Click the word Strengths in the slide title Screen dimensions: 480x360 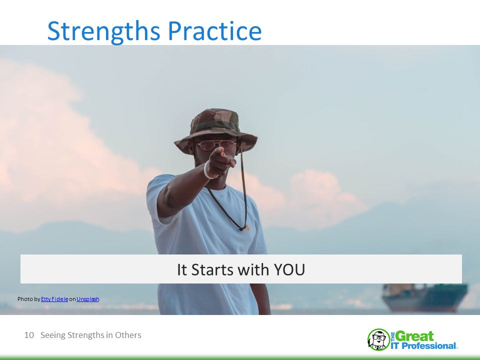104,31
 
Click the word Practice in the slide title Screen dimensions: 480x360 215,30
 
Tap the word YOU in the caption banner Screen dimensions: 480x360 289,269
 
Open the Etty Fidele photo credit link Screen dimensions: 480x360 54,299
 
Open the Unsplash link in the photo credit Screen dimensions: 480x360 88,299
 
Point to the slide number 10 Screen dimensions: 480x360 29,335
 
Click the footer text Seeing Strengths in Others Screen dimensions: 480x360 91,335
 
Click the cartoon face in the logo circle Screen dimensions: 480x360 378,339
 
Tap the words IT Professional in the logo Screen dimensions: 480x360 423,346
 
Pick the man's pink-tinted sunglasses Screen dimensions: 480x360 216,145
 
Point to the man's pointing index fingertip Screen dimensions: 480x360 219,150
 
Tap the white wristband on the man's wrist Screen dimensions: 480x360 208,170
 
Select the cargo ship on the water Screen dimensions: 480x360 425,297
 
